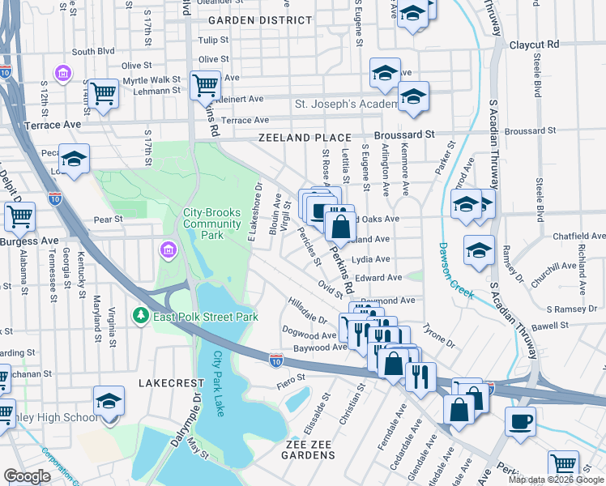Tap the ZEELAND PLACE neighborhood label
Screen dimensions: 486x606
[x=305, y=139]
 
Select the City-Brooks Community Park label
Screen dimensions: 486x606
[x=212, y=224]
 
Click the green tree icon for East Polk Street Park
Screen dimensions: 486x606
[x=141, y=315]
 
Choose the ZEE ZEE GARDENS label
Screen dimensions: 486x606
[x=310, y=450]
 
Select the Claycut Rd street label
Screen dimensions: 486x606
[x=534, y=45]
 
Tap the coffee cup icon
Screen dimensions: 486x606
[x=520, y=420]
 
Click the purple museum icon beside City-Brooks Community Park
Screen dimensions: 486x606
[x=169, y=249]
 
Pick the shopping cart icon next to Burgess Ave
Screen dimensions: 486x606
[x=19, y=216]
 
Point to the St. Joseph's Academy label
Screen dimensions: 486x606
[x=345, y=104]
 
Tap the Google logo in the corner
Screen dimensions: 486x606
[x=28, y=476]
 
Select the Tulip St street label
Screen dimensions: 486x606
[x=213, y=40]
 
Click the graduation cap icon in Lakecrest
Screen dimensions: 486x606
[x=109, y=402]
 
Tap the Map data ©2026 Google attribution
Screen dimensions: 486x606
[x=557, y=480]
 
